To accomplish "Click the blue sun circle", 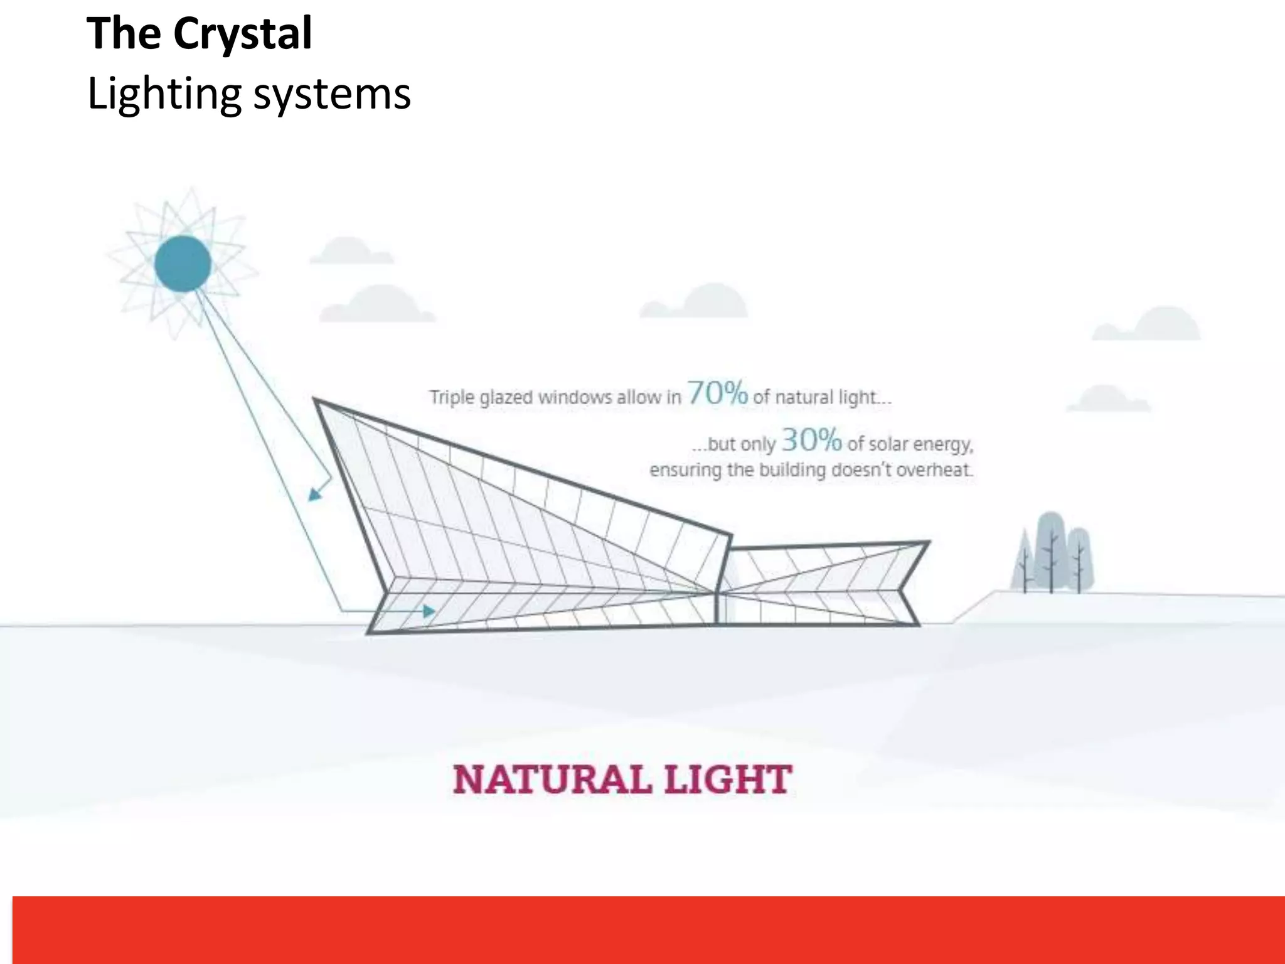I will click(183, 264).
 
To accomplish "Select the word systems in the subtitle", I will click(332, 94).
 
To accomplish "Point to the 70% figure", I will click(717, 394).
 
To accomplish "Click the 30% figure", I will click(811, 440).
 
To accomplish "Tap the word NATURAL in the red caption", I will click(552, 779).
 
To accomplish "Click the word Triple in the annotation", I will click(451, 397).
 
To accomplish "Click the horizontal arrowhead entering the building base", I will click(429, 611).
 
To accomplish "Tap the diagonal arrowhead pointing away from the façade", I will click(315, 495).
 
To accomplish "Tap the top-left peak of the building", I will click(316, 400).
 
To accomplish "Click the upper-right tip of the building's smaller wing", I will click(927, 542).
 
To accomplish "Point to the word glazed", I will click(506, 398).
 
